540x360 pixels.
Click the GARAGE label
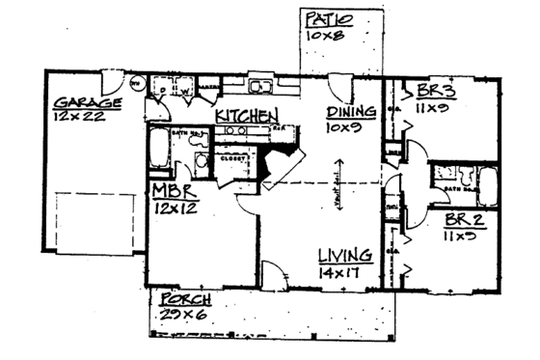click(x=87, y=102)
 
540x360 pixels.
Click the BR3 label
click(x=437, y=94)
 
